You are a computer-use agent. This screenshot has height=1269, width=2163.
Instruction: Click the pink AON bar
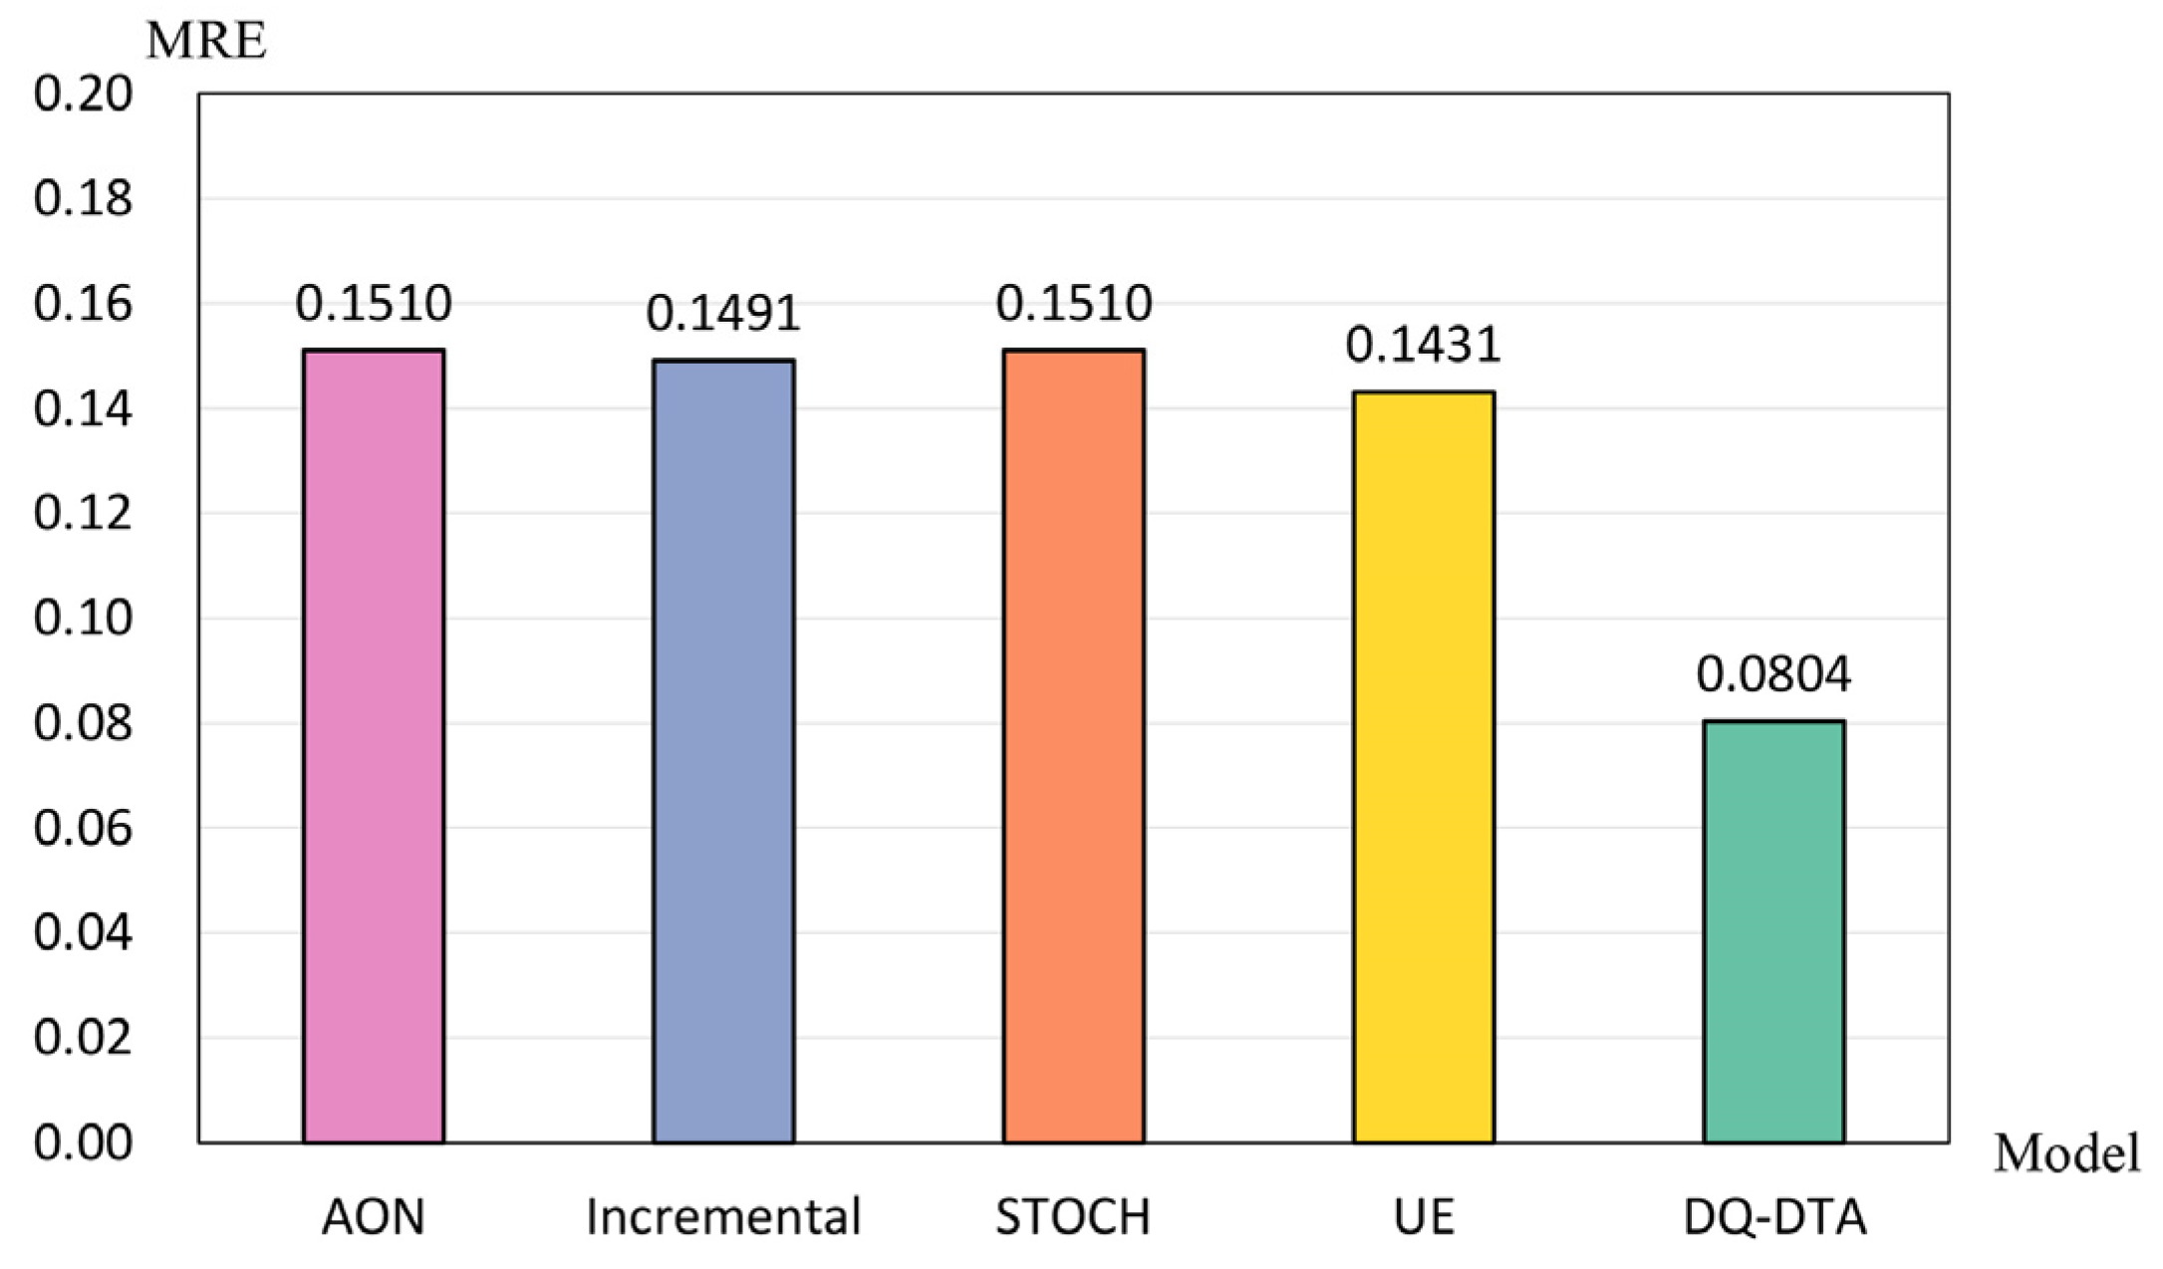pyautogui.click(x=374, y=747)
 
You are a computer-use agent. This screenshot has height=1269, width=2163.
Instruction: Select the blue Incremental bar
pyautogui.click(x=723, y=752)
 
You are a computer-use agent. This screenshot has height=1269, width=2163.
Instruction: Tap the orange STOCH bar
pyautogui.click(x=1073, y=747)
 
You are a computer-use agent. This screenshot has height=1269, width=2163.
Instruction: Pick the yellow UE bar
pyautogui.click(x=1424, y=767)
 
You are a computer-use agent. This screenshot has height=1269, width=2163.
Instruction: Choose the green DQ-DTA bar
pyautogui.click(x=1773, y=931)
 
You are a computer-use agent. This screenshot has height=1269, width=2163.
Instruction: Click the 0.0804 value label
pyautogui.click(x=1773, y=674)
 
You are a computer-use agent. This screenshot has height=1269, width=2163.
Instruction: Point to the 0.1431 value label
pyautogui.click(x=1424, y=345)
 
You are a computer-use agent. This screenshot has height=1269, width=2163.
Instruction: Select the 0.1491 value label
pyautogui.click(x=723, y=313)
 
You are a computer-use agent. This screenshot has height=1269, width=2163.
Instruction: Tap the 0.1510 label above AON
pyautogui.click(x=374, y=303)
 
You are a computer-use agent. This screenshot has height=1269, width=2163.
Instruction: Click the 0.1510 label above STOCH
pyautogui.click(x=1073, y=303)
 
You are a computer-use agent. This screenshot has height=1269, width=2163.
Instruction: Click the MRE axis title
pyautogui.click(x=206, y=42)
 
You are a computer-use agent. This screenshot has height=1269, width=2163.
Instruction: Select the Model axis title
pyautogui.click(x=2066, y=1154)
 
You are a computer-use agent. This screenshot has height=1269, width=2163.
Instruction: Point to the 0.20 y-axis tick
pyautogui.click(x=83, y=95)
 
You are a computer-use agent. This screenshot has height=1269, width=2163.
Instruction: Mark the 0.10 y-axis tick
pyautogui.click(x=83, y=619)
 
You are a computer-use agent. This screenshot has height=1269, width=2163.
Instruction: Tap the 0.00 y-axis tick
pyautogui.click(x=83, y=1142)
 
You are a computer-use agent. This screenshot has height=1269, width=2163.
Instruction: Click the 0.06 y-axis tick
pyautogui.click(x=83, y=828)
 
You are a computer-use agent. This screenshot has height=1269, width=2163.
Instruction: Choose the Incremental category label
pyautogui.click(x=723, y=1217)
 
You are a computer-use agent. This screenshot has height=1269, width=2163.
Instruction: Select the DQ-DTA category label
pyautogui.click(x=1773, y=1217)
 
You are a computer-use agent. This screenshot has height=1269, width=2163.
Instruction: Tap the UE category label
pyautogui.click(x=1424, y=1217)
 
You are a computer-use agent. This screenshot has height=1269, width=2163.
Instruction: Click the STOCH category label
pyautogui.click(x=1073, y=1217)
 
